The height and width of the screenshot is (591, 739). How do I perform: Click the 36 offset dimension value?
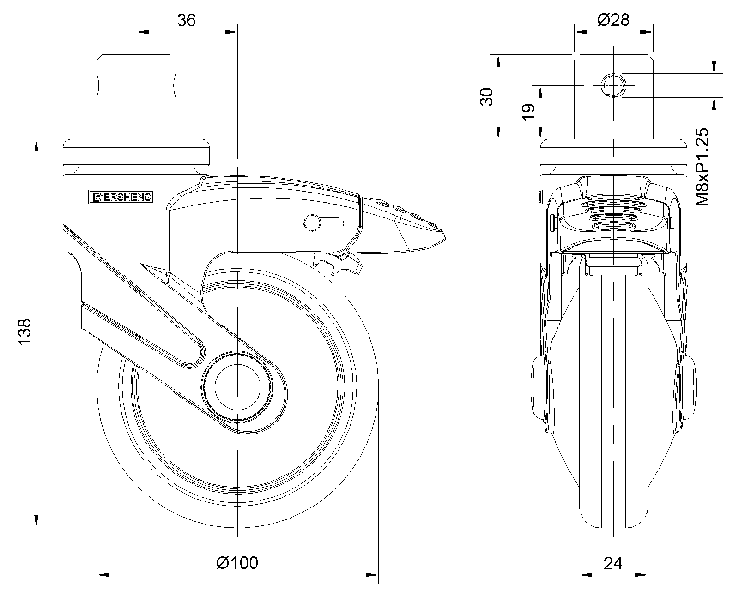pyautogui.click(x=187, y=20)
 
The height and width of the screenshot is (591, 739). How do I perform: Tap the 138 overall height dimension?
pyautogui.click(x=25, y=332)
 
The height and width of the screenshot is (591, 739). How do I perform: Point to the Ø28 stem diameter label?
pyautogui.click(x=613, y=20)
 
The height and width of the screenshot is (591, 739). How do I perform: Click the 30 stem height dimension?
pyautogui.click(x=486, y=97)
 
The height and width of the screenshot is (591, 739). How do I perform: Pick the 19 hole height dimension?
pyautogui.click(x=528, y=112)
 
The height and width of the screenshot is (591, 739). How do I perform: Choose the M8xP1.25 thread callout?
pyautogui.click(x=702, y=167)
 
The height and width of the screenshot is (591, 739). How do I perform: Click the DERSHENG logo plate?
pyautogui.click(x=121, y=197)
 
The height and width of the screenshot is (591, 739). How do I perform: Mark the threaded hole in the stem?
pyautogui.click(x=613, y=85)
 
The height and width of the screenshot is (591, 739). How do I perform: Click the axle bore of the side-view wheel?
pyautogui.click(x=237, y=387)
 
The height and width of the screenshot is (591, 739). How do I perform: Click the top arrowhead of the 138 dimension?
pyautogui.click(x=36, y=145)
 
